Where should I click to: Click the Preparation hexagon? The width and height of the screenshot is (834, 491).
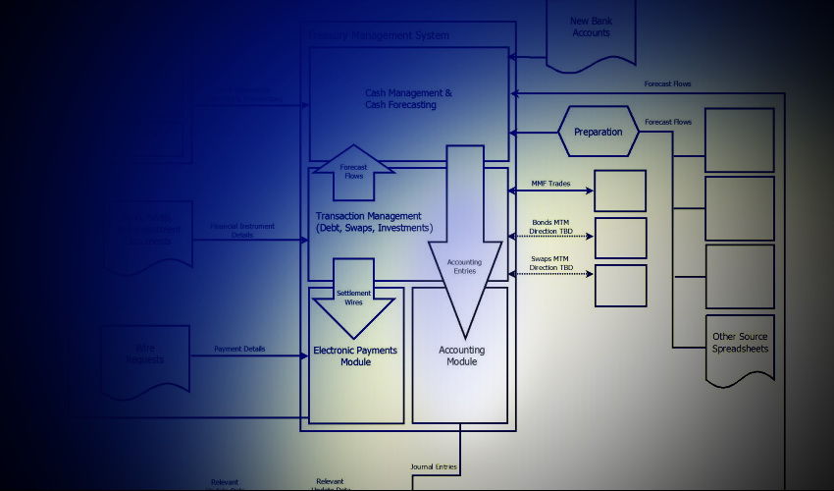point(598,132)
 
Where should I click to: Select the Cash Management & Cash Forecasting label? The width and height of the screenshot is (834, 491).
point(408,99)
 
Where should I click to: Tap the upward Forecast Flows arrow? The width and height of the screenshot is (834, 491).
point(353,172)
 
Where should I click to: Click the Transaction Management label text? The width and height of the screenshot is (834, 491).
point(374,222)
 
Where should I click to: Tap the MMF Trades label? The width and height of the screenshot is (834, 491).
point(551,183)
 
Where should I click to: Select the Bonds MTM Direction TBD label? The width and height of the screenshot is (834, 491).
point(551,227)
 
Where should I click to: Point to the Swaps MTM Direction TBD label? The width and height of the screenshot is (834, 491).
point(551,263)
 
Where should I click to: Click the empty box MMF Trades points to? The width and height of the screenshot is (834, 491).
point(620,191)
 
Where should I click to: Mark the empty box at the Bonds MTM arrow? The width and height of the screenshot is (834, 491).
point(620,238)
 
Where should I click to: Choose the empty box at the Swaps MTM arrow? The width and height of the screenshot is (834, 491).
point(620,285)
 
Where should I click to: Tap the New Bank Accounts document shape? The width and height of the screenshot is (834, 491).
point(591,31)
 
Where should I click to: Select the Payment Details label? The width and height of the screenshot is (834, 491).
point(241,350)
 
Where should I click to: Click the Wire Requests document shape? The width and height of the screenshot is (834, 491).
point(145,359)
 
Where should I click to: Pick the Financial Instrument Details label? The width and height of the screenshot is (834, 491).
point(242,231)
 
